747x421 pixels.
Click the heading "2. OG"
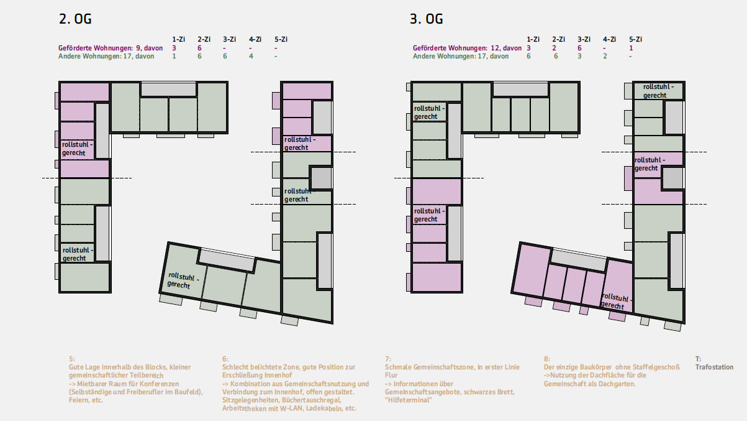[x=75, y=19]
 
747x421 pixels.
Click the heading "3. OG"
[x=426, y=19]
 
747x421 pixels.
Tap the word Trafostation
[x=714, y=368]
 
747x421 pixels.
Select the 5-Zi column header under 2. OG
[x=281, y=39]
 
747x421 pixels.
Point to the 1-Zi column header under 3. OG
[x=533, y=39]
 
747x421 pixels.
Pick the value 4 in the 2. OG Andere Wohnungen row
[x=251, y=57]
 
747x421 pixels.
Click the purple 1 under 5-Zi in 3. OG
[x=631, y=48]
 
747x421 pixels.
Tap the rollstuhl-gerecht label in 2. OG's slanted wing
[x=183, y=280]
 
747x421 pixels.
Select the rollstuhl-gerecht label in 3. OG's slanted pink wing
[x=616, y=301]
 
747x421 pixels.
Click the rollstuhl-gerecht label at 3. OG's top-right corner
[x=658, y=91]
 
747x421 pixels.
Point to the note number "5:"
[x=72, y=359]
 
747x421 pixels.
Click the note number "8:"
[x=547, y=359]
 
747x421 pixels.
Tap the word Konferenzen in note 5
[x=160, y=384]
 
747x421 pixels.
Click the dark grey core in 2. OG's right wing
[x=321, y=178]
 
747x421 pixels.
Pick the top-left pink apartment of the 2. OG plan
[x=84, y=91]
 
